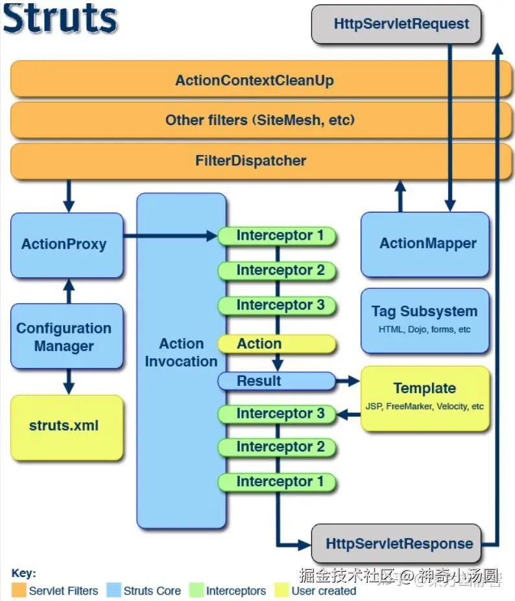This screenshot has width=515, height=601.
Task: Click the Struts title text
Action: (60, 19)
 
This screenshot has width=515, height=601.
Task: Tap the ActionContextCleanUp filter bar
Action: (254, 80)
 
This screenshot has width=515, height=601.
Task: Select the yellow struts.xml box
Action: (66, 427)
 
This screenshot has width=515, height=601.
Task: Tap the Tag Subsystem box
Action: (425, 319)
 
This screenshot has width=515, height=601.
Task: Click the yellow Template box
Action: (425, 397)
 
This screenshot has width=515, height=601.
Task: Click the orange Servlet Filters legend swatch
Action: (19, 590)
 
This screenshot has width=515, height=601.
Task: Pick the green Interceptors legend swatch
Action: (197, 590)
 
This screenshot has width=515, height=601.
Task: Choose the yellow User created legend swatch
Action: (281, 590)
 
